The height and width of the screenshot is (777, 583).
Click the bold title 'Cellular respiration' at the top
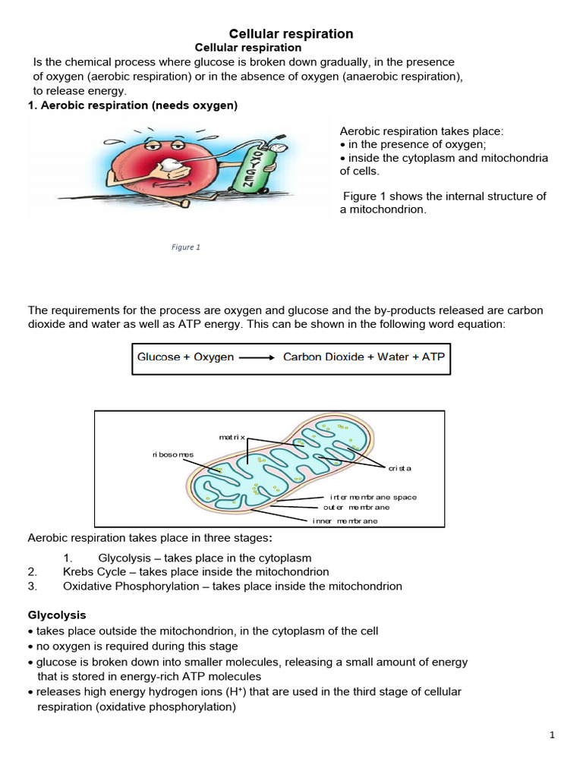pyautogui.click(x=291, y=34)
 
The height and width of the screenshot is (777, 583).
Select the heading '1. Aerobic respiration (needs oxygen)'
pyautogui.click(x=133, y=105)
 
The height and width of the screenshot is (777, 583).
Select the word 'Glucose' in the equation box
pyautogui.click(x=158, y=357)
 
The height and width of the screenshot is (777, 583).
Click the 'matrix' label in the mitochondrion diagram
pyautogui.click(x=232, y=438)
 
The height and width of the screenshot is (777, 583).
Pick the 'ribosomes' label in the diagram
pyautogui.click(x=173, y=455)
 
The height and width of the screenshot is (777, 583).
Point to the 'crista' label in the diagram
pyautogui.click(x=400, y=468)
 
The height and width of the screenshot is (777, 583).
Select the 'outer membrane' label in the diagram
pyautogui.click(x=356, y=507)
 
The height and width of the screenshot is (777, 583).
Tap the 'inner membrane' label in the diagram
pyautogui.click(x=345, y=521)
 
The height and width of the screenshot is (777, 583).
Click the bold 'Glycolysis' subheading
pyautogui.click(x=57, y=615)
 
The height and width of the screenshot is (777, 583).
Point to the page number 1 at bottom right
pyautogui.click(x=553, y=735)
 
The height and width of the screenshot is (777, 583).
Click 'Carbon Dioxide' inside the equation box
pyautogui.click(x=323, y=357)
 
